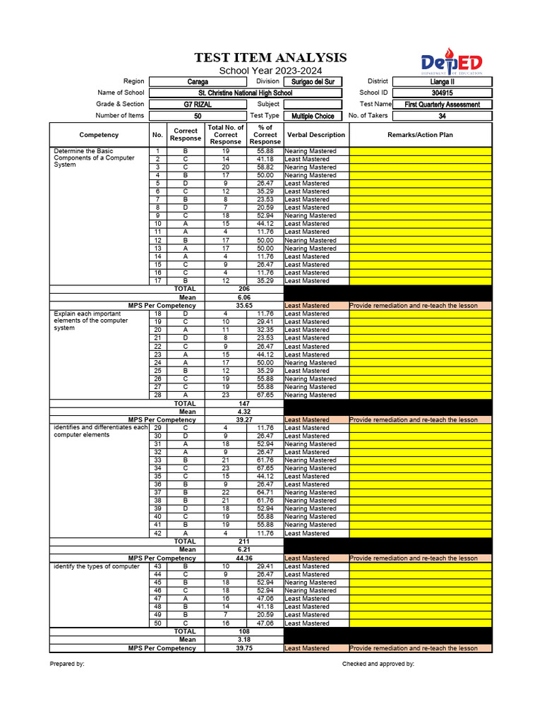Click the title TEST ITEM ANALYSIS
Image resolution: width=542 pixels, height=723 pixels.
coord(271,58)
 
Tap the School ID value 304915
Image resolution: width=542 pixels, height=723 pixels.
coord(442,93)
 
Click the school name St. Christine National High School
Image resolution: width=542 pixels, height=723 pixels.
coord(245,93)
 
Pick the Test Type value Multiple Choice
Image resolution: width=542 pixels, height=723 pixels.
coord(312,116)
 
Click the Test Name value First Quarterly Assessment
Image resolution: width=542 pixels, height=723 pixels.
coord(442,104)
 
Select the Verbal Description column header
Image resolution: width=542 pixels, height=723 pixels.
coord(315,135)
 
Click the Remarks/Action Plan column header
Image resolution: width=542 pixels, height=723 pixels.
coord(420,135)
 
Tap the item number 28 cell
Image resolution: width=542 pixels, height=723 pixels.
coord(157,395)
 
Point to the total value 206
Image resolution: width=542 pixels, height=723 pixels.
coord(245,289)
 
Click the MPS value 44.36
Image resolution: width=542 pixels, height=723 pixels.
coord(245,558)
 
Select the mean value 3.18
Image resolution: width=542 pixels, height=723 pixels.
coord(245,640)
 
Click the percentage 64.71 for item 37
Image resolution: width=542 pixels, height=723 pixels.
coord(265,493)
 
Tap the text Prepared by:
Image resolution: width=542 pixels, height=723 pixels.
coord(67,664)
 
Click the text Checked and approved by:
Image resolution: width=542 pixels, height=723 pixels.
coord(378,664)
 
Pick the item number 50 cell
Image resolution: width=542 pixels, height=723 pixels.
coord(157,623)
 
